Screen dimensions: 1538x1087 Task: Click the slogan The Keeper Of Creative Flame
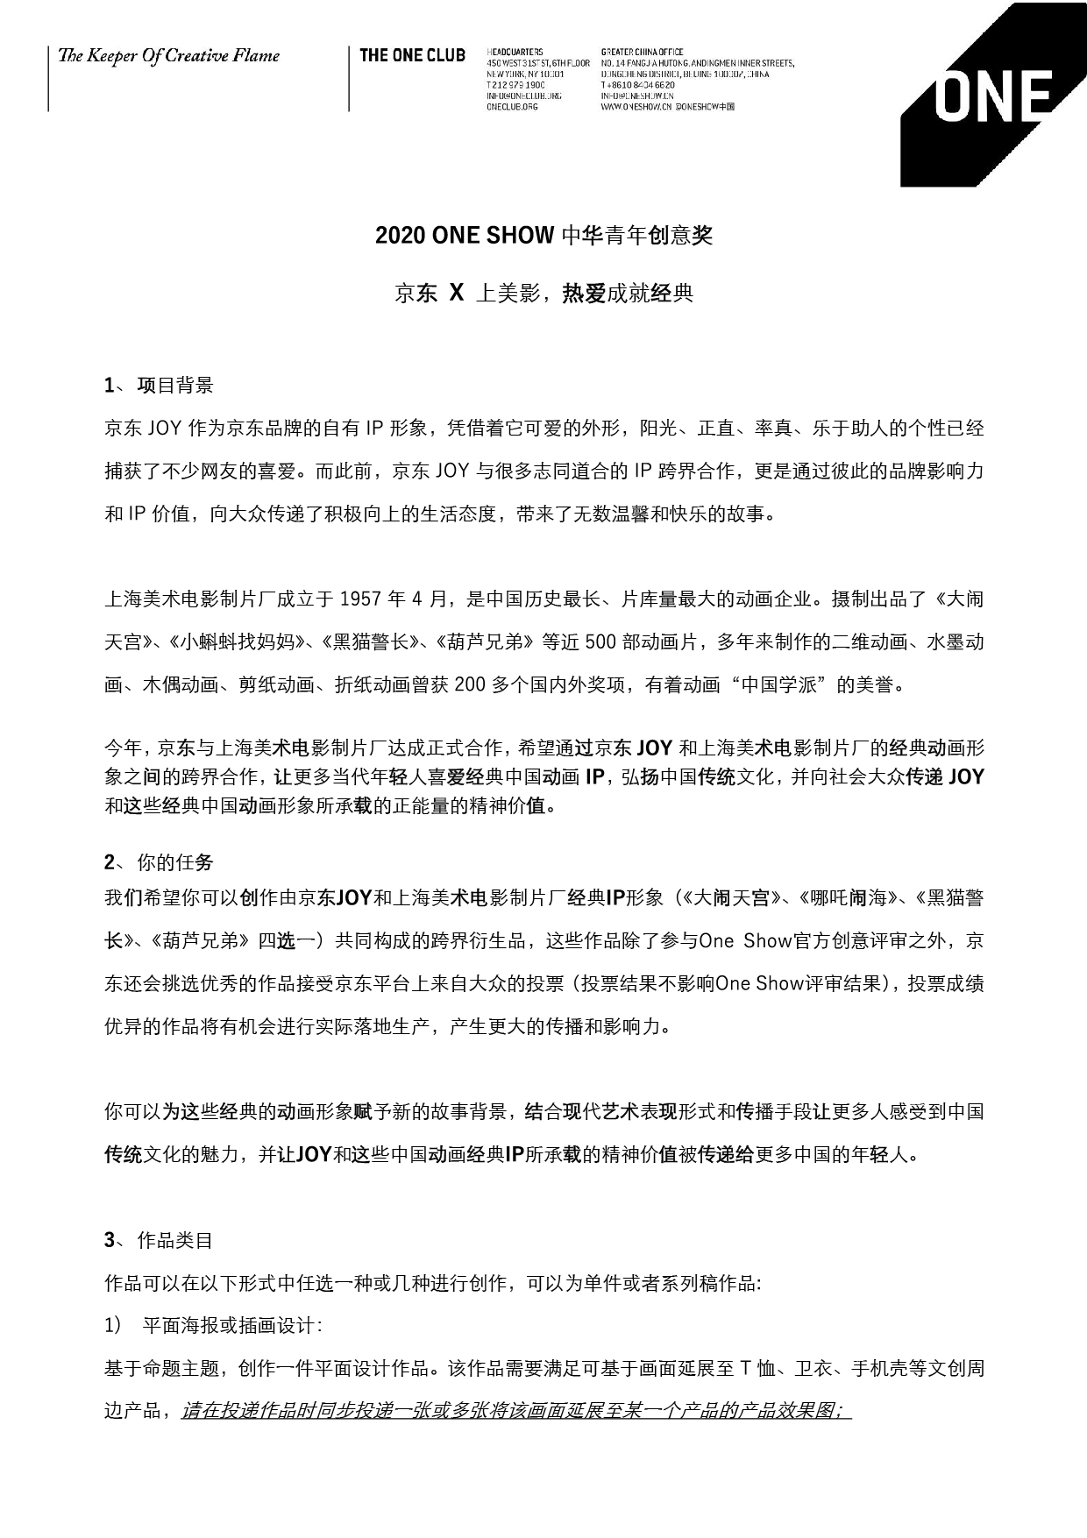[168, 57]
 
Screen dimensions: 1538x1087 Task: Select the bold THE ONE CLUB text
[412, 56]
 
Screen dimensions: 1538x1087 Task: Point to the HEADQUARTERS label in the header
[514, 52]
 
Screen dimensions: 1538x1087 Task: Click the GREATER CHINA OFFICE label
[643, 52]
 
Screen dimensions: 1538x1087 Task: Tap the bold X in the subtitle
[456, 293]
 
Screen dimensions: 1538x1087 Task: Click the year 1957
[360, 599]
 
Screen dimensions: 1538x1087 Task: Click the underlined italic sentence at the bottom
[516, 1412]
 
